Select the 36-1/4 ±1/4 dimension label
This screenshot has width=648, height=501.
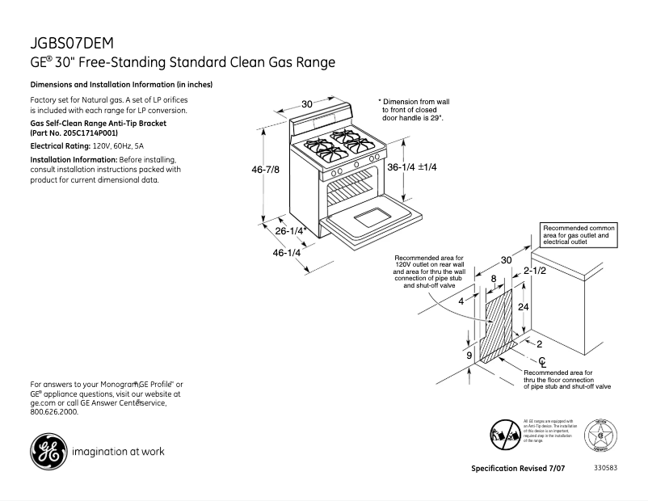click(411, 167)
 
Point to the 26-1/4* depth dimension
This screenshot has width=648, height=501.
click(290, 231)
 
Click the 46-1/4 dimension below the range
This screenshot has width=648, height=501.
click(287, 253)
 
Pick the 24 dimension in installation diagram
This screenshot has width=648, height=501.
click(523, 308)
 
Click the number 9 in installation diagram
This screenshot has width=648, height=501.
click(468, 354)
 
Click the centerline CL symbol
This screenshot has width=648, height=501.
click(542, 360)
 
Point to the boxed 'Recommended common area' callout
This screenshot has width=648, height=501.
click(579, 235)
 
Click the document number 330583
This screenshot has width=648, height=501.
click(605, 468)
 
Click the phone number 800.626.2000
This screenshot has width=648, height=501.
click(54, 411)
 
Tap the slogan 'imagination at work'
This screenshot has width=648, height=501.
click(117, 451)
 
